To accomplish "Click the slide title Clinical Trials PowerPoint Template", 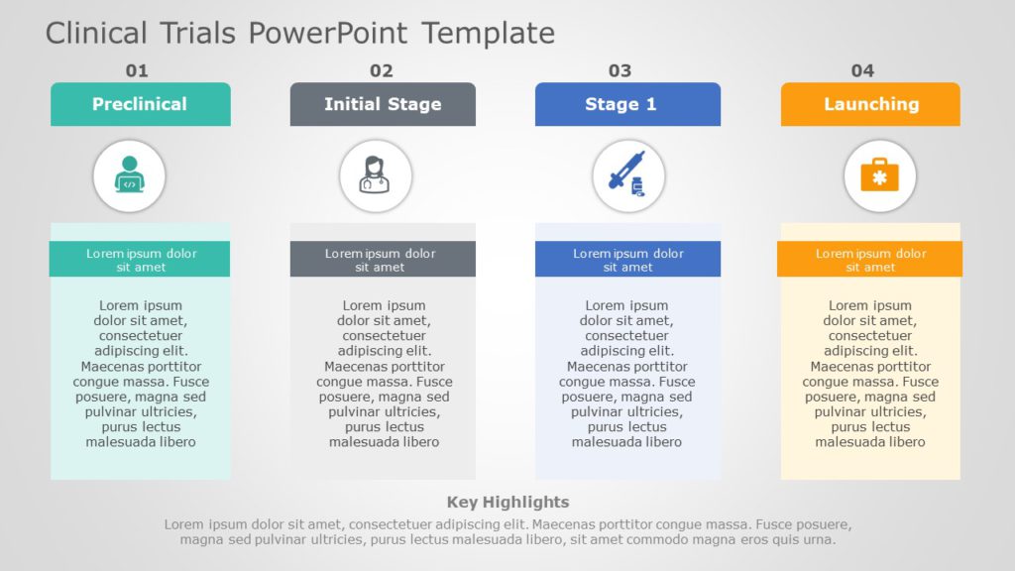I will [x=299, y=33].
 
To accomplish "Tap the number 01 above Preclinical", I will [x=137, y=70].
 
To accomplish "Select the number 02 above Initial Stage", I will [x=382, y=70].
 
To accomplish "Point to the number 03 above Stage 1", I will [x=620, y=70].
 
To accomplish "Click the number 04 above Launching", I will [x=862, y=70].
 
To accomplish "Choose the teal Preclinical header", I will [x=140, y=104].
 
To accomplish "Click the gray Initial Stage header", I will [x=383, y=104].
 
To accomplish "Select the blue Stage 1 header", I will [x=627, y=104].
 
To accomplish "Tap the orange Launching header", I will [x=870, y=104].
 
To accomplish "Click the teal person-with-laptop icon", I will [x=129, y=176].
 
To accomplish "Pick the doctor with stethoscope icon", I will [x=376, y=176].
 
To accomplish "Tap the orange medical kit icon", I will [x=879, y=176].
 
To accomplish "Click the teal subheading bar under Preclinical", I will [x=140, y=260].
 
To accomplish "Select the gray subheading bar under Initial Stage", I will [x=383, y=260].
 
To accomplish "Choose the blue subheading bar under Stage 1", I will [x=627, y=260].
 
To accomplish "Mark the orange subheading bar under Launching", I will [x=869, y=260].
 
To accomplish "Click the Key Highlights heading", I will [x=507, y=502].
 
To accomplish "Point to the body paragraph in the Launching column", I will [x=870, y=374].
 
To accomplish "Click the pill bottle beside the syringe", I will [x=636, y=186].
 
